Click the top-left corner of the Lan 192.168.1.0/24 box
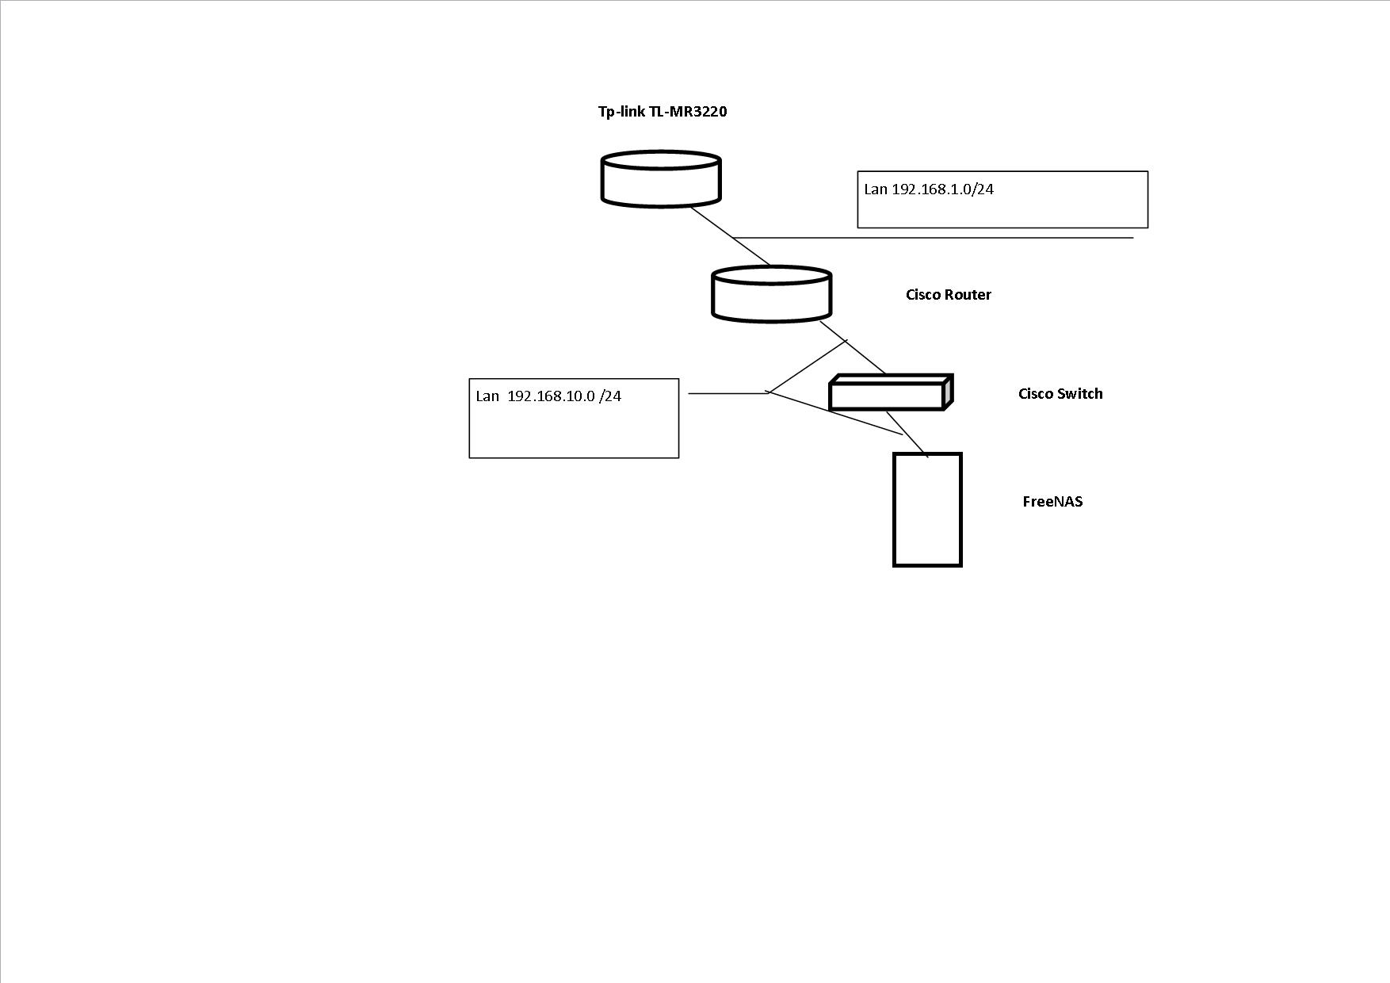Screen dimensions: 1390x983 point(858,171)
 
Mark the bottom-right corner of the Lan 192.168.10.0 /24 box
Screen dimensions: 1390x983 point(678,457)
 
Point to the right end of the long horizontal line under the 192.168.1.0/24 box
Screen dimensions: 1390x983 point(1134,237)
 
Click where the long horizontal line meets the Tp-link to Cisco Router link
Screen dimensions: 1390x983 point(734,237)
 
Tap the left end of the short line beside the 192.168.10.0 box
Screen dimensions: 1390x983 point(689,393)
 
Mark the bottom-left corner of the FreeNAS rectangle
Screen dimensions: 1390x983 point(895,565)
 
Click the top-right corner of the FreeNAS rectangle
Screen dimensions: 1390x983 point(960,454)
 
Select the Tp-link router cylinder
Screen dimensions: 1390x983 point(661,179)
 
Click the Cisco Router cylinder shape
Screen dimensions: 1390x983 point(772,294)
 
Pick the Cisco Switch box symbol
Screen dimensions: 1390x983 point(891,392)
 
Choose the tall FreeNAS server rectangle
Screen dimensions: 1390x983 point(927,510)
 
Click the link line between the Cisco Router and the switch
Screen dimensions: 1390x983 point(853,347)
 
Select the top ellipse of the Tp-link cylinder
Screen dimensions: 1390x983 point(661,160)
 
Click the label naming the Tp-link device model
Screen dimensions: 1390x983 point(663,112)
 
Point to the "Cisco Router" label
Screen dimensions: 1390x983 point(949,295)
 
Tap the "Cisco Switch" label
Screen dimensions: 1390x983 point(1060,394)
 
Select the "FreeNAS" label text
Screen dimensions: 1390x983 point(1052,502)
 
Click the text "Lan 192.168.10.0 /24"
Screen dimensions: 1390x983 point(548,396)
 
